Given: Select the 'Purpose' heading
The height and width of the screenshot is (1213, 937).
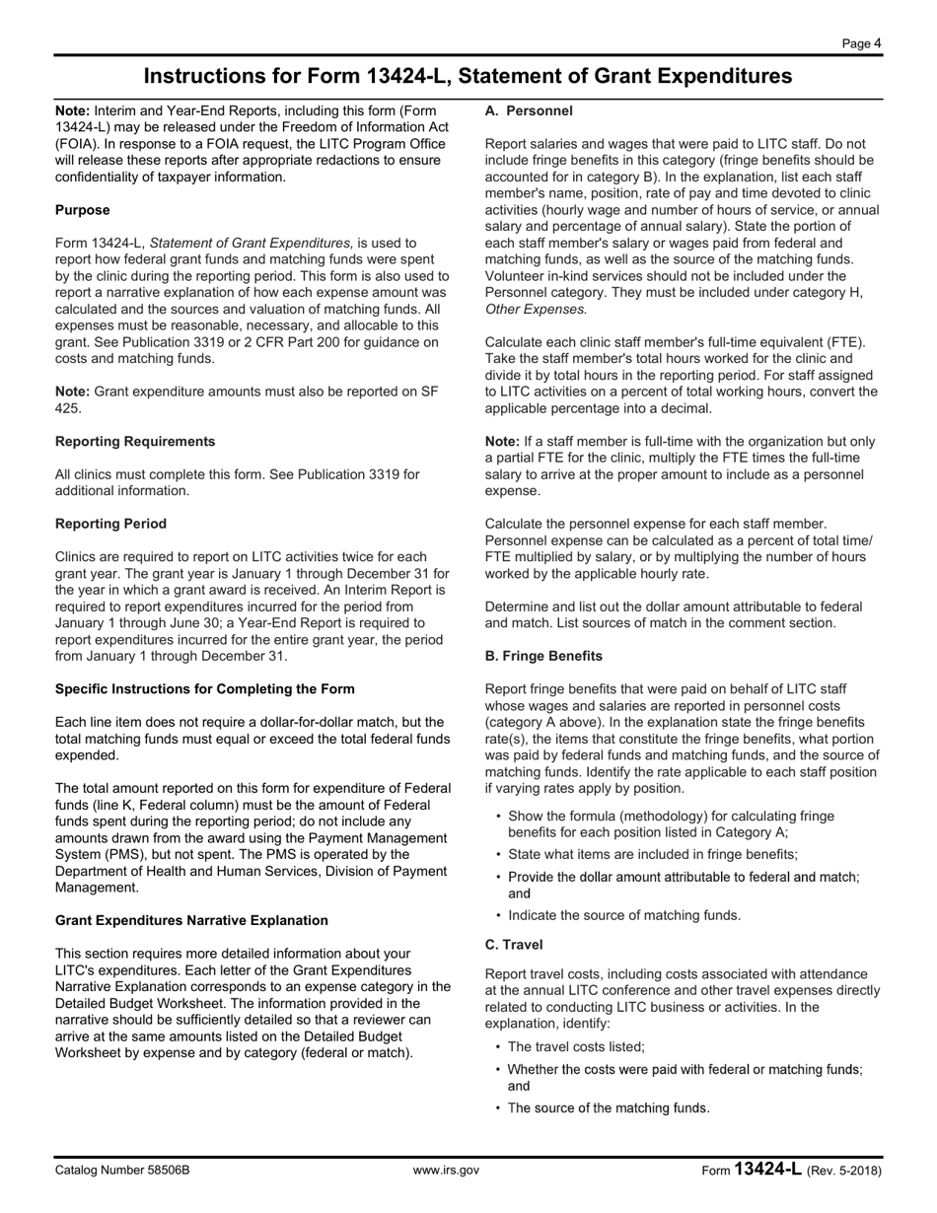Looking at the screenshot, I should [83, 210].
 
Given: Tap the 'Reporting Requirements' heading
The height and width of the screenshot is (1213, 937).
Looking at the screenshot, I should [135, 441].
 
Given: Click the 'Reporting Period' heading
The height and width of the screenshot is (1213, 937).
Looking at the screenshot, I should [110, 524].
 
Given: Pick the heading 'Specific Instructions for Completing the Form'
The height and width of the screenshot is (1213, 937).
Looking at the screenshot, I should [205, 688].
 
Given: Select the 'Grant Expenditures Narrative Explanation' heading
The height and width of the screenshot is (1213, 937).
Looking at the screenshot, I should [191, 920].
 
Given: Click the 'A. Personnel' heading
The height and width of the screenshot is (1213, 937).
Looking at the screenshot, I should [529, 111].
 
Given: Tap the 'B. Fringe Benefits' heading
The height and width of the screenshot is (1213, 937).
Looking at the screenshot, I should [543, 656].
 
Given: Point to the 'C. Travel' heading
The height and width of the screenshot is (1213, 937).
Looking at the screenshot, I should [514, 944].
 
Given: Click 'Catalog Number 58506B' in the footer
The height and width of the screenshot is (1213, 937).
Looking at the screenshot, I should [122, 1171].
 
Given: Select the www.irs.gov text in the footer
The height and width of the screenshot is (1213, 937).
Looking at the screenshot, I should [446, 1171].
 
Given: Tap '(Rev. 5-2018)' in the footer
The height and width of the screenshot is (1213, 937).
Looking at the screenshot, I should [844, 1171].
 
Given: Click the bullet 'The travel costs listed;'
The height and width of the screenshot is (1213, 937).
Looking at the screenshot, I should [576, 1047].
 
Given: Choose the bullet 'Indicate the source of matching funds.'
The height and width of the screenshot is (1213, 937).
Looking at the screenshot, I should [624, 915].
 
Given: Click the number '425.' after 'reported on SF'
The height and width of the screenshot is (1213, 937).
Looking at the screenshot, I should [68, 408].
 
